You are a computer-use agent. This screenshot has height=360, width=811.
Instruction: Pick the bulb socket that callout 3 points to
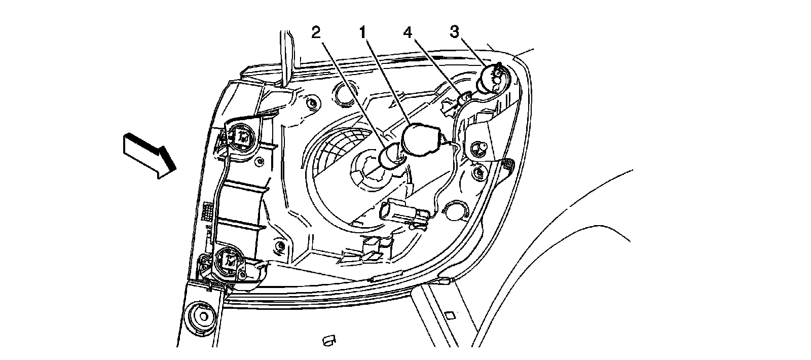[494, 78]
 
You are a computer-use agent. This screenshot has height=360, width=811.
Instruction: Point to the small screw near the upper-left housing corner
[311, 105]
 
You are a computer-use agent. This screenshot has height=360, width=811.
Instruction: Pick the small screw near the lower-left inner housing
[279, 247]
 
